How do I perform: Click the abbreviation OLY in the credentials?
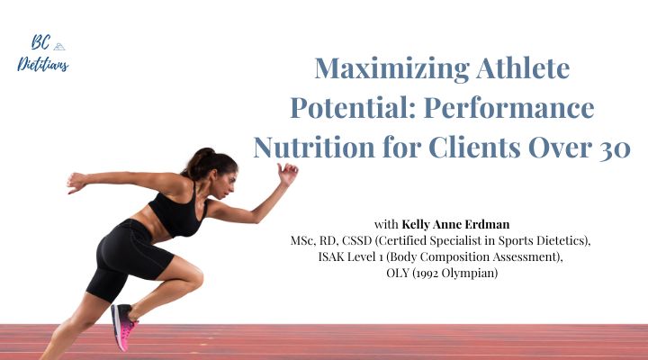(x=387, y=274)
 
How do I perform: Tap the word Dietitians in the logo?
(x=42, y=63)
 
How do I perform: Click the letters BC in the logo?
(x=37, y=43)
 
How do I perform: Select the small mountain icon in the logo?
(x=59, y=44)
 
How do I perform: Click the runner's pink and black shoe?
(x=122, y=328)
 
